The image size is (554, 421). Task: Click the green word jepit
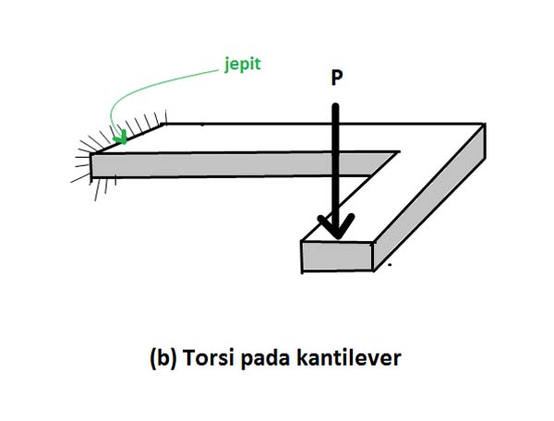[243, 66]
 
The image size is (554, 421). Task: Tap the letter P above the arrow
[336, 79]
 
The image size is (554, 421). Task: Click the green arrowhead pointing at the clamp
[120, 138]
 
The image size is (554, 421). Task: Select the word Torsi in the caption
[202, 357]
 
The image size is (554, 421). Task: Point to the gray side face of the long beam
[231, 164]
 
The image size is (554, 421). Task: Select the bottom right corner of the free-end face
[372, 271]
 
